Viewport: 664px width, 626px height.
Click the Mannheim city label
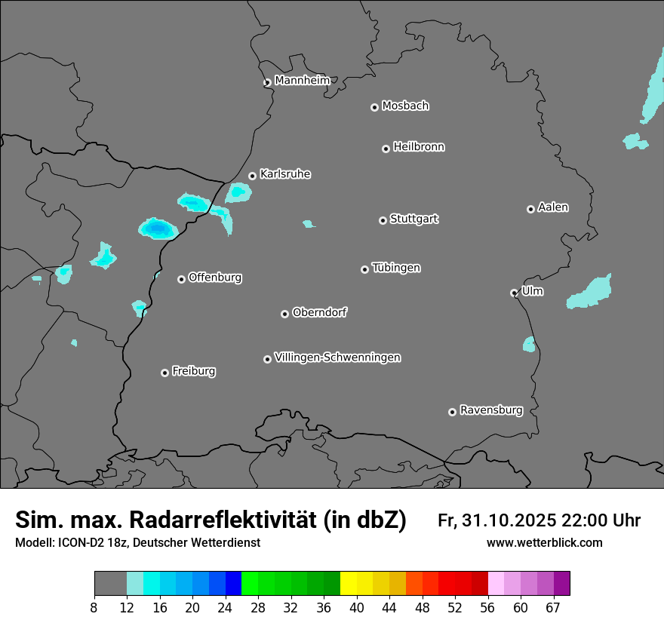[303, 81]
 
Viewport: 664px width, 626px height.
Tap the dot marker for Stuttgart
[383, 220]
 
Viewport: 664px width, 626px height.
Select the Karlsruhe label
[285, 174]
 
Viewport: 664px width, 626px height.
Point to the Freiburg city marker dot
[164, 373]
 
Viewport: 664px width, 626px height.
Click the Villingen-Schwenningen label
[337, 357]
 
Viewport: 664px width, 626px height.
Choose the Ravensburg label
[491, 410]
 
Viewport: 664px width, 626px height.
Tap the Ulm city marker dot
[514, 293]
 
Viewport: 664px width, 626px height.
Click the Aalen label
[553, 207]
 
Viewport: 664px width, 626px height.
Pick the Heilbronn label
[419, 147]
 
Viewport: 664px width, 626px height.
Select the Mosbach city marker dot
[374, 107]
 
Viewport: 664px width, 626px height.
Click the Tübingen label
[396, 268]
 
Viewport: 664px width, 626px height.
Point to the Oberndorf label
[319, 312]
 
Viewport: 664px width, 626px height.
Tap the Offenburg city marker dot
[181, 279]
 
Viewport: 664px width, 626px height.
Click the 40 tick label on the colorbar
[357, 608]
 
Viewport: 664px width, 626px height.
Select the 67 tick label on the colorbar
[553, 608]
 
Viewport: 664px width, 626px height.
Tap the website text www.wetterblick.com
[544, 542]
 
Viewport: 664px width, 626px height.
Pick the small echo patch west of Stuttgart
[308, 224]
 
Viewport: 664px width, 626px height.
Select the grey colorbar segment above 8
[110, 584]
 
